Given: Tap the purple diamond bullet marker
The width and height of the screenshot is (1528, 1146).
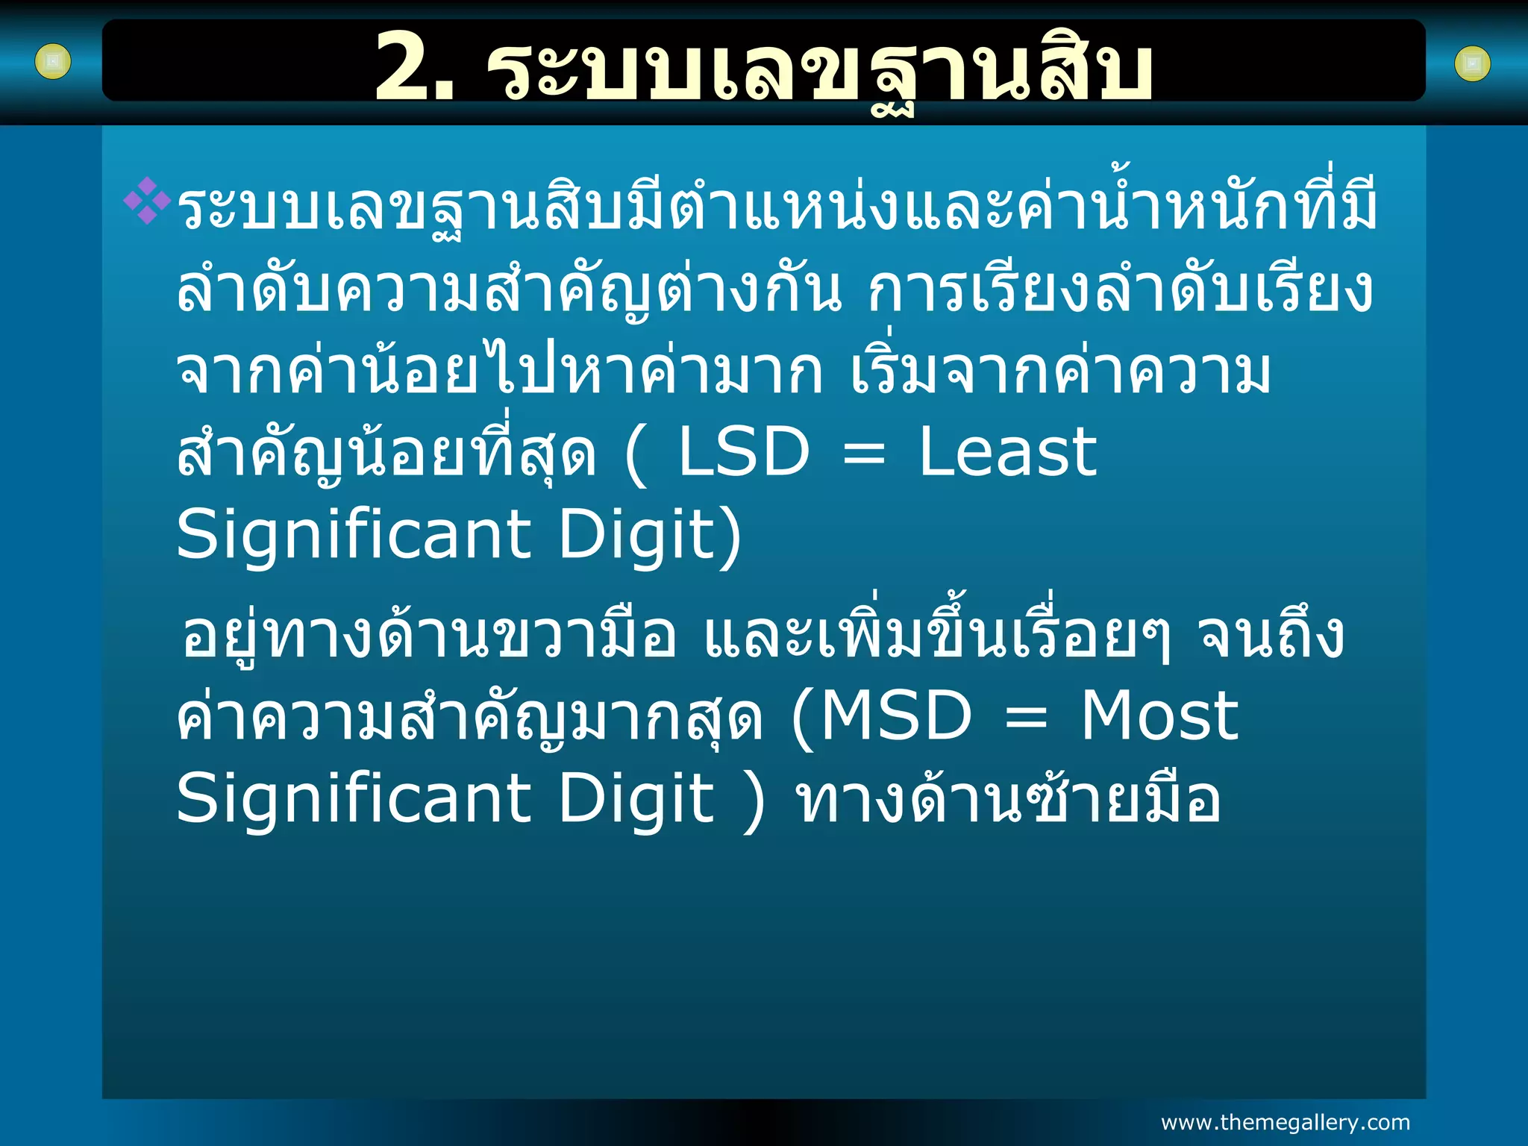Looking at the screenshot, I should pos(147,200).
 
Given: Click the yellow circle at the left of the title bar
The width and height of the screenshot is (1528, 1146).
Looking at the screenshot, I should pos(53,62).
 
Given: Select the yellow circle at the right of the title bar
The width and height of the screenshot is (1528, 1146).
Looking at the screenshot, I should pos(1472,64).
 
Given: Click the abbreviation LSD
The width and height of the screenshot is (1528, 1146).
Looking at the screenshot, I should pos(744,452).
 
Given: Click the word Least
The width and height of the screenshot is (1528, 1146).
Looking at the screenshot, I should pos(1007,452).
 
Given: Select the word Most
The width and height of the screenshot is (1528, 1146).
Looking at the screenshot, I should pos(1159,716).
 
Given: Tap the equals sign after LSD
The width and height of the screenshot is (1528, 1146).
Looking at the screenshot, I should pos(864,454).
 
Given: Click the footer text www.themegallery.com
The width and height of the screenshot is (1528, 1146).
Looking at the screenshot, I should pos(1285,1122).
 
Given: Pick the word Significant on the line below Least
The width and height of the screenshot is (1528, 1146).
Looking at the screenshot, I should pos(354,536).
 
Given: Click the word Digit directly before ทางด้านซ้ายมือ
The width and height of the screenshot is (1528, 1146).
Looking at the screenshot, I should pos(636,798).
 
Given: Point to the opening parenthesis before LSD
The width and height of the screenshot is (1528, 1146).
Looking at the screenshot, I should pos(636,454).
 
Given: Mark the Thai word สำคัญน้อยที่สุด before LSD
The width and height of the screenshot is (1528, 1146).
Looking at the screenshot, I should pos(386,454).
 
